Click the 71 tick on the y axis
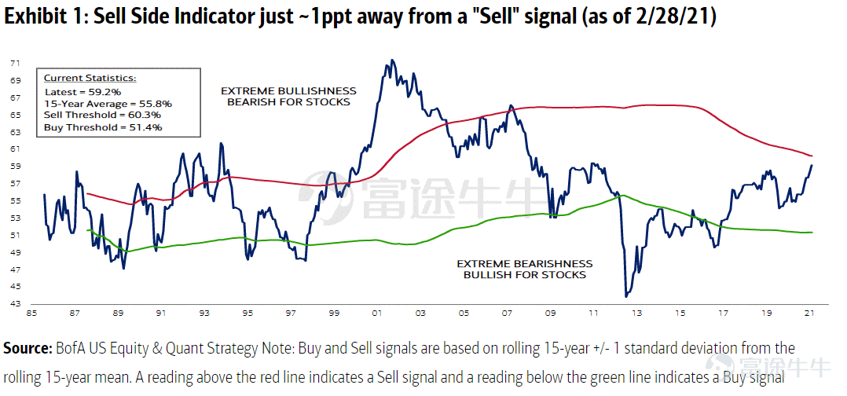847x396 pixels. tap(15, 63)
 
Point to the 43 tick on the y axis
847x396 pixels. tap(15, 304)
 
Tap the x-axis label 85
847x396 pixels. tap(34, 313)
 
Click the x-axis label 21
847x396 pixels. tap(809, 313)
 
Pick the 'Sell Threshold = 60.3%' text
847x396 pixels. tap(102, 115)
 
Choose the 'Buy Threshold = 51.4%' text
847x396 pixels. tap(103, 127)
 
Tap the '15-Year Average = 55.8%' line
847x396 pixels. tap(108, 103)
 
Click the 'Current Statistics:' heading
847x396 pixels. tap(90, 79)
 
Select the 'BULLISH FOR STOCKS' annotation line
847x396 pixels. tap(525, 275)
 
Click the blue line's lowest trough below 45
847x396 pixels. tap(626, 296)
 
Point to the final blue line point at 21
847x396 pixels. tap(812, 165)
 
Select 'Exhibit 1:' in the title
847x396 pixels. tap(46, 16)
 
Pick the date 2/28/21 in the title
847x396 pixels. tap(680, 16)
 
